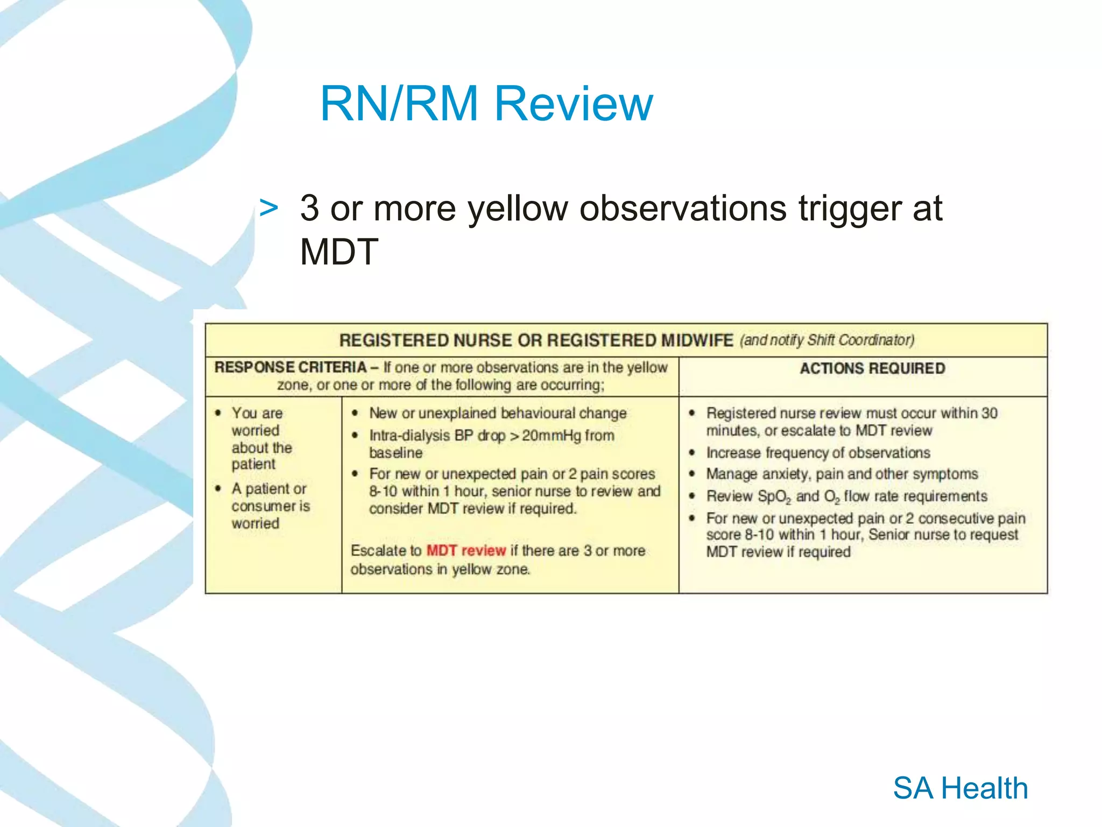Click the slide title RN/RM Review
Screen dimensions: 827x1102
tap(486, 103)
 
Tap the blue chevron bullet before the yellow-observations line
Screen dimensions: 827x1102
tap(269, 208)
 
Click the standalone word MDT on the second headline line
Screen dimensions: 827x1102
tap(339, 252)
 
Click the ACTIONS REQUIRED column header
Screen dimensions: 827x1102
tap(872, 368)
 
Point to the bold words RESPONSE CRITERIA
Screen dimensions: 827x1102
tap(290, 367)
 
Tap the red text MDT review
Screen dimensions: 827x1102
tap(466, 550)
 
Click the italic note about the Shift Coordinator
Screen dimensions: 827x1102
tap(826, 340)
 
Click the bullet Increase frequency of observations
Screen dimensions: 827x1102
tap(817, 453)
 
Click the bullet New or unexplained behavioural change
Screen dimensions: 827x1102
tap(497, 413)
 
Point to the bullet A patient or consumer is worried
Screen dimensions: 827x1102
tap(270, 506)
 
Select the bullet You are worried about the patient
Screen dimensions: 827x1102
tap(261, 438)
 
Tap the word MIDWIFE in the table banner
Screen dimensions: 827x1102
tap(697, 340)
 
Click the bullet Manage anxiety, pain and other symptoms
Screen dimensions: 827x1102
tap(842, 474)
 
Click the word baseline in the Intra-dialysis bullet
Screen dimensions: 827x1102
tap(395, 453)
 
